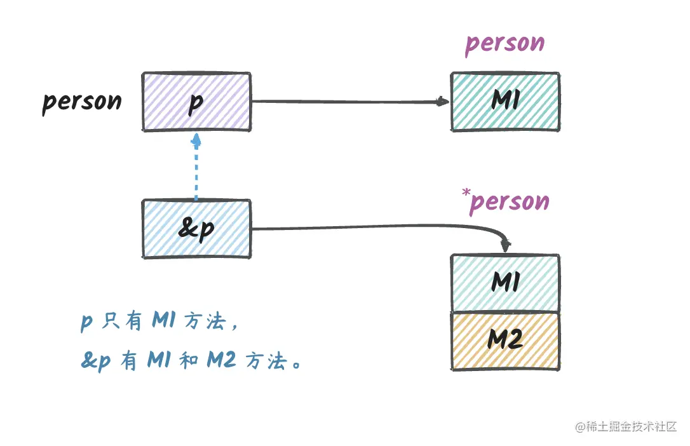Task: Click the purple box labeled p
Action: point(196,102)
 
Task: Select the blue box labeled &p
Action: point(196,229)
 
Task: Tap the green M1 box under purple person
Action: point(505,102)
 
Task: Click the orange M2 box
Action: point(505,341)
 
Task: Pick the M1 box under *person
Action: point(505,283)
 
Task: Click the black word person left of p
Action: point(82,102)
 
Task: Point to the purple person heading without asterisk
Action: point(505,44)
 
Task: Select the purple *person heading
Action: point(508,202)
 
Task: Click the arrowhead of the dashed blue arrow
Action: point(196,139)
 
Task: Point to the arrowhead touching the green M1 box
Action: point(443,101)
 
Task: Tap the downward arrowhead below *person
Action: point(506,245)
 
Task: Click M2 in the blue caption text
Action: point(222,362)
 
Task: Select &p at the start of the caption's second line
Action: point(95,362)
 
